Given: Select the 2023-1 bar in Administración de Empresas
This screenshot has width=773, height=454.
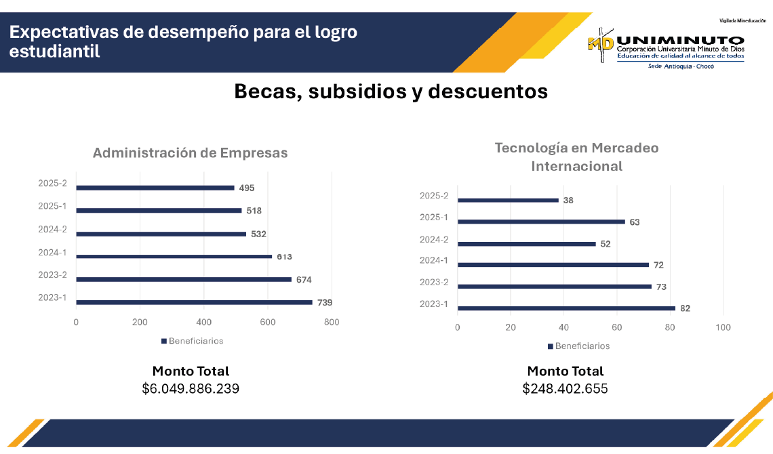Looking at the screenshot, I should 194,302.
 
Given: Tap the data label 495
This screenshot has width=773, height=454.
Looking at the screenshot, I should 247,188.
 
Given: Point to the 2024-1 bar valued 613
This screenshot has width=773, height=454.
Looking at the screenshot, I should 174,256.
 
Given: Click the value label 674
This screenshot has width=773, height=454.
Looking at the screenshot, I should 304,280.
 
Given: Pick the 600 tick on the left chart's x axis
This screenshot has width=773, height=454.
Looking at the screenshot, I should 268,323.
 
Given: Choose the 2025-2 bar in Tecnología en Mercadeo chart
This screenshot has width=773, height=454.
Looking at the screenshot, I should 508,200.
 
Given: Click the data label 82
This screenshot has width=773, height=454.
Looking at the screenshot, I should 685,308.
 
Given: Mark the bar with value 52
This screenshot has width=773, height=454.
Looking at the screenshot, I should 527,244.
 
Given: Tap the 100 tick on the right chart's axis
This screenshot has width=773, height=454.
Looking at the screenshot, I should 724,328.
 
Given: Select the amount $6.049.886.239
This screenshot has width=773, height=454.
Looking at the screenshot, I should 191,389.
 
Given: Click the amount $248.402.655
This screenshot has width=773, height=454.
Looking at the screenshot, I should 565,389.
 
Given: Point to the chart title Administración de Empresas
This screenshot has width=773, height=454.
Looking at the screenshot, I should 190,153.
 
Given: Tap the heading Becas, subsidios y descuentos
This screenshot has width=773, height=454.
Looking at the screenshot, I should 391,91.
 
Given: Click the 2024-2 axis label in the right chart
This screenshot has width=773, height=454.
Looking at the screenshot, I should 434,239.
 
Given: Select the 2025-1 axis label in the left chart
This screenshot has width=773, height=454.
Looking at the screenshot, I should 52,206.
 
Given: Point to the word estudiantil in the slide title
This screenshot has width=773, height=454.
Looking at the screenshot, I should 55,51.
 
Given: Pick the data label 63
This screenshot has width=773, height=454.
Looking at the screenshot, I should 634,222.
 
